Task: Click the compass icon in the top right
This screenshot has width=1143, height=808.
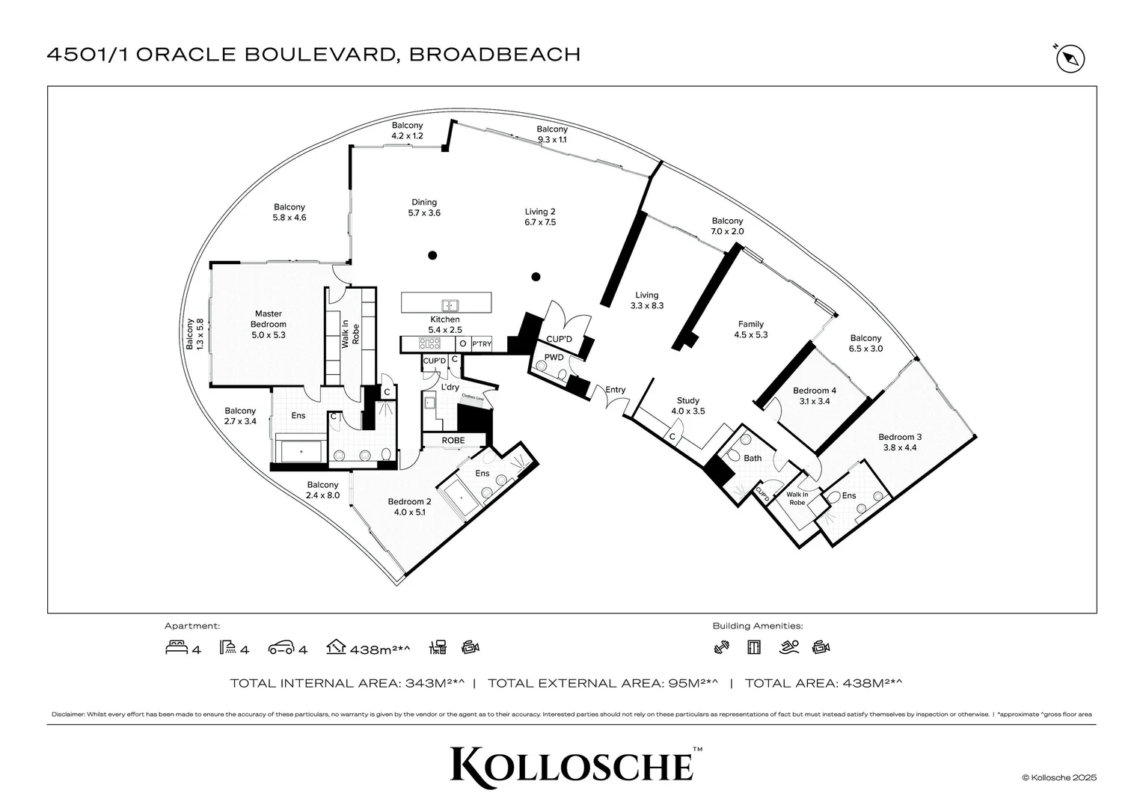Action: (1070, 58)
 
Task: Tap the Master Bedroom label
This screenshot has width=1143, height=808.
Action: (268, 324)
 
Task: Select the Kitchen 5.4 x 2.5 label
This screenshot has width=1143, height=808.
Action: (444, 324)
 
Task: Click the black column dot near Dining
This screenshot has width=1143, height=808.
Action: (432, 256)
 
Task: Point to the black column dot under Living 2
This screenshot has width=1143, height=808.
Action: (536, 277)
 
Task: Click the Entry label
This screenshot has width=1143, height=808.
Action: (615, 390)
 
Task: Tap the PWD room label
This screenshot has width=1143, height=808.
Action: (554, 358)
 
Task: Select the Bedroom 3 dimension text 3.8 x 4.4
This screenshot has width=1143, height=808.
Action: (899, 447)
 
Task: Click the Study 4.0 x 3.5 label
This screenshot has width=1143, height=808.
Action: (687, 405)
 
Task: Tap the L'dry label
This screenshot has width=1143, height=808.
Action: (450, 388)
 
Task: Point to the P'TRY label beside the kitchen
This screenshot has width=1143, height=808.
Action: (482, 344)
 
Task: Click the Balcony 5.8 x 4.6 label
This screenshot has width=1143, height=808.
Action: (289, 212)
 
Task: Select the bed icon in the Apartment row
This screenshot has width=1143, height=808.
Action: (177, 648)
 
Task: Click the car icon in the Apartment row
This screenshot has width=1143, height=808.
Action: (281, 648)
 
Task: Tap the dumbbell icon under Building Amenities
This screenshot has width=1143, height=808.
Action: (721, 648)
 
